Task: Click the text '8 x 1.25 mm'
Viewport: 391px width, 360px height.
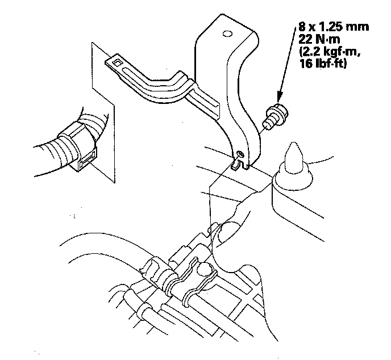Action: coord(334,27)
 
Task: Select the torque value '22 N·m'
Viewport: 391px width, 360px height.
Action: coord(319,39)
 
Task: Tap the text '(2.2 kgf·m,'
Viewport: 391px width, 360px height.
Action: coord(330,52)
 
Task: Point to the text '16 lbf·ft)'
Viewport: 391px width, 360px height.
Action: coord(323,64)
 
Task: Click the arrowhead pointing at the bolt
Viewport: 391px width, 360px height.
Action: coord(280,97)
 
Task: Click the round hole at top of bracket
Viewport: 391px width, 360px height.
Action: coord(227,34)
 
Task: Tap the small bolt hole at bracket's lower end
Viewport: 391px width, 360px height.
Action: coord(240,154)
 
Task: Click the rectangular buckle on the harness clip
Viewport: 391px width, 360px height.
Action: coord(88,160)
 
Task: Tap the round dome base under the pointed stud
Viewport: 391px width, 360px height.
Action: coord(293,177)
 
